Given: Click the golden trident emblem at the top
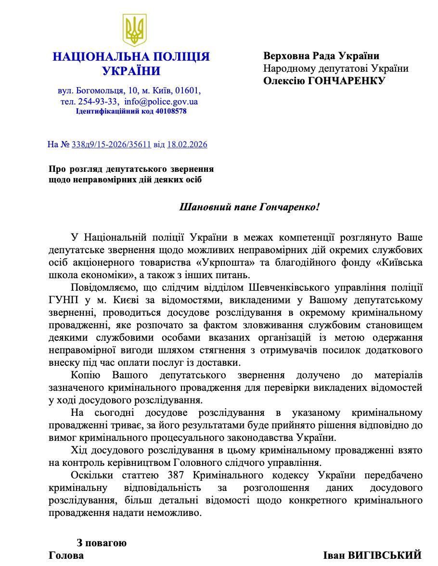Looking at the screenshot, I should (x=135, y=29).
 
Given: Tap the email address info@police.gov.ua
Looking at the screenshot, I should (x=161, y=102).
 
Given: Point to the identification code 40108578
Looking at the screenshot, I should (x=171, y=111).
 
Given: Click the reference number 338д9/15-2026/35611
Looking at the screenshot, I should (x=111, y=144).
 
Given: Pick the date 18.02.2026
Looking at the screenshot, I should (x=187, y=144).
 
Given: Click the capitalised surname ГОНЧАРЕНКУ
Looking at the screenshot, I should (x=345, y=81).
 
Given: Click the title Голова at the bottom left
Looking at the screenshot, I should (x=66, y=555).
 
